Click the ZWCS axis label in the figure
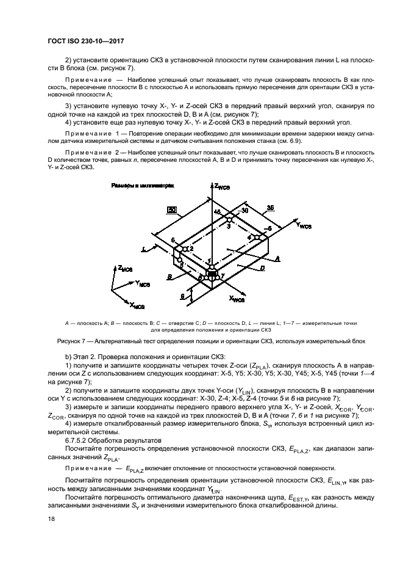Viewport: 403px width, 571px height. [221, 186]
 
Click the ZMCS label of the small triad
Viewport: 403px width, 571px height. [126, 268]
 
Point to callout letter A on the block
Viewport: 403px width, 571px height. [278, 259]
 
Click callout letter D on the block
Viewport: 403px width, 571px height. [262, 268]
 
